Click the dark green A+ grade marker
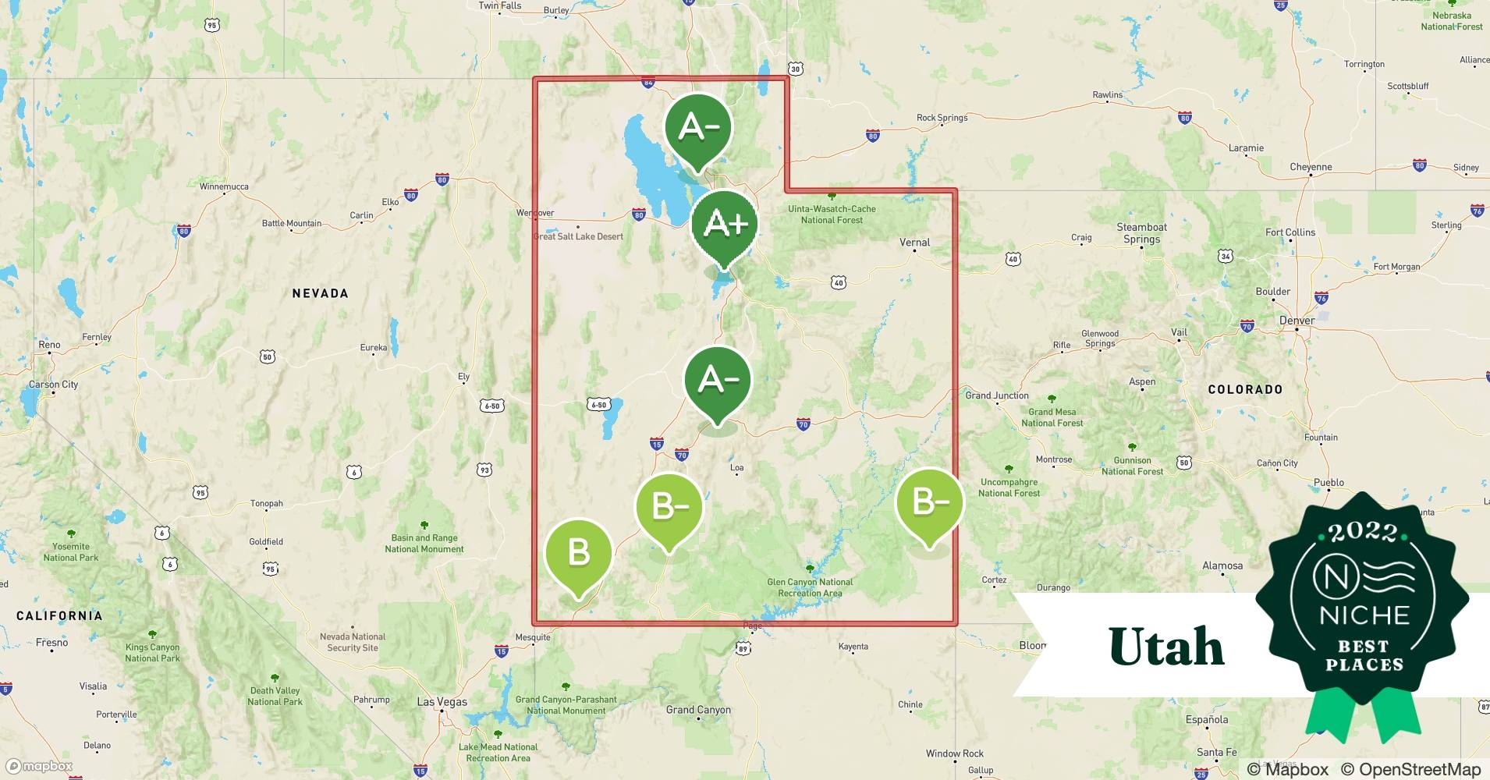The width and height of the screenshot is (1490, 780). tap(725, 225)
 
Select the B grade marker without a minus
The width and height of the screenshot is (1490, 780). tap(578, 553)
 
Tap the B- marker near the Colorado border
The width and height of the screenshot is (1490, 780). tap(929, 502)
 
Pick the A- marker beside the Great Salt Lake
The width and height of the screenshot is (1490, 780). tap(697, 127)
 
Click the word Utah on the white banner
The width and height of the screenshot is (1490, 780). tap(1166, 647)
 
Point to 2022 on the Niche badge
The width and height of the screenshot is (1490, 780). tap(1363, 533)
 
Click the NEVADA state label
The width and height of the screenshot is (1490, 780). tap(320, 293)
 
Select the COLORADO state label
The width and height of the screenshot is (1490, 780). tap(1245, 389)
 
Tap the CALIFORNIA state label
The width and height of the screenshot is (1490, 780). tap(59, 615)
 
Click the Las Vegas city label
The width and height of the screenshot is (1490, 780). tap(442, 701)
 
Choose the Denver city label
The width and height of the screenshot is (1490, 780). tap(1297, 320)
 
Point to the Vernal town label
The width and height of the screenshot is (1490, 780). tap(914, 243)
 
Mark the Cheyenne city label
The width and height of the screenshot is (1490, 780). tap(1311, 167)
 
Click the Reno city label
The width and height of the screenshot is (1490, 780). tap(49, 344)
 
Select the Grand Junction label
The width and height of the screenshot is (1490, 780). tap(997, 395)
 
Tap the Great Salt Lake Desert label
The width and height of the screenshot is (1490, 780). tap(578, 236)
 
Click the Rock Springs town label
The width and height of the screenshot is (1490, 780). tap(942, 118)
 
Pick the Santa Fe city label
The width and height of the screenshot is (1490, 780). tap(1216, 752)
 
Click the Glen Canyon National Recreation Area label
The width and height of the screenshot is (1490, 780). tap(810, 587)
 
